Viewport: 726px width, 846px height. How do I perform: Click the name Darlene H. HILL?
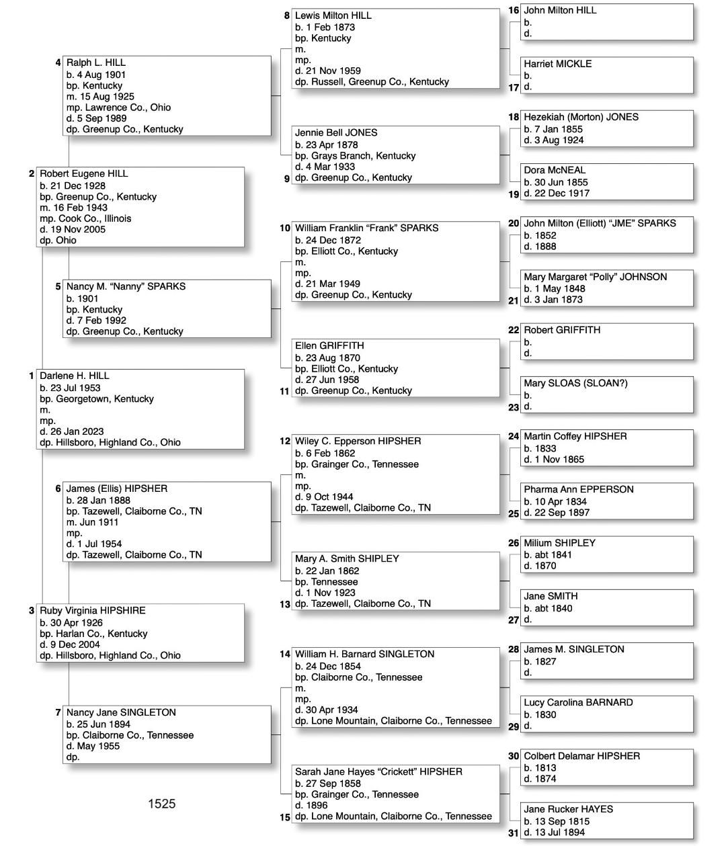(74, 376)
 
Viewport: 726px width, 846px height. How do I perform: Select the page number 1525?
(161, 804)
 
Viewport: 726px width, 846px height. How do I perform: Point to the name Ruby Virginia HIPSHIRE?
(92, 610)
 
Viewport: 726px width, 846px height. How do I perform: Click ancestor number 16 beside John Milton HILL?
(514, 10)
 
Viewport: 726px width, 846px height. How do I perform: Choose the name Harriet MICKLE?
(557, 64)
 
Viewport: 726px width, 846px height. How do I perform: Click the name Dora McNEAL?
(555, 170)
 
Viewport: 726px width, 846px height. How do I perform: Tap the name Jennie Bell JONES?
(336, 132)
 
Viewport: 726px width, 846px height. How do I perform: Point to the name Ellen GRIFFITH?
(329, 345)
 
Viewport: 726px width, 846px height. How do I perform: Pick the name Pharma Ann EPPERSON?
(578, 489)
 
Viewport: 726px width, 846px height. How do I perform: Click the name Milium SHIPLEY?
(559, 543)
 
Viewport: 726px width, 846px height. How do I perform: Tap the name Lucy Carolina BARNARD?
(578, 702)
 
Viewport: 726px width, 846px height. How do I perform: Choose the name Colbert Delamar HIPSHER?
(581, 756)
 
